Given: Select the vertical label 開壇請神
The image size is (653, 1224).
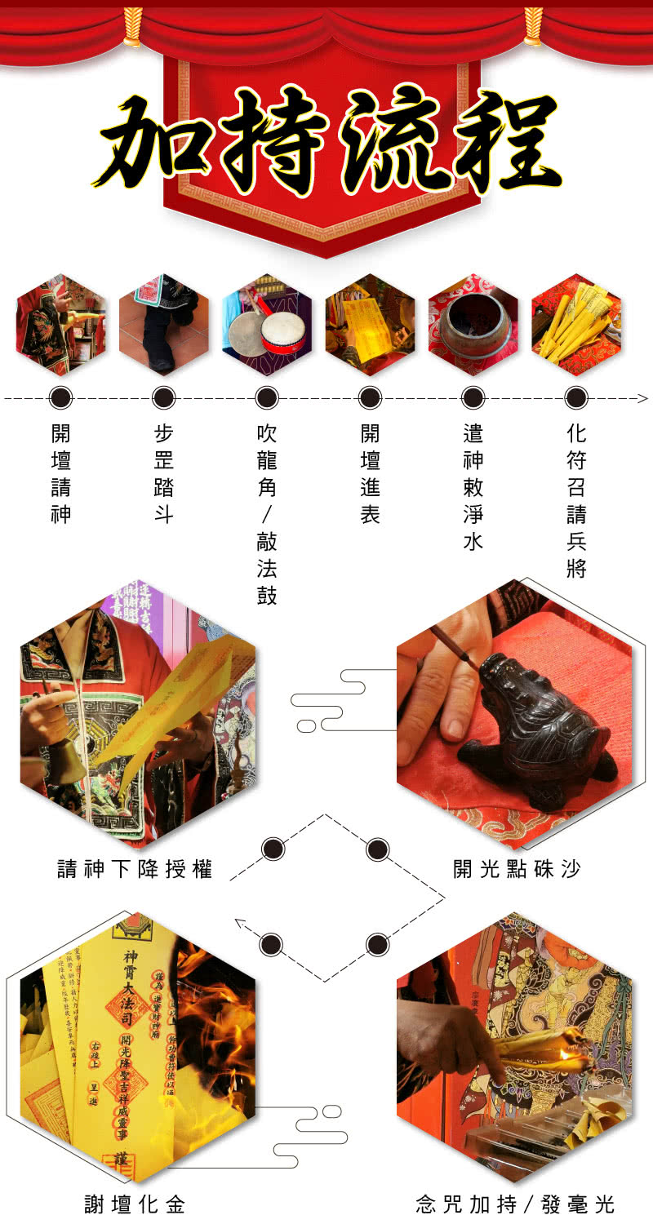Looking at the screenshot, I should tap(61, 473).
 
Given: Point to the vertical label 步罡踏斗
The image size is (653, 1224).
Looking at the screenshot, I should tap(164, 473).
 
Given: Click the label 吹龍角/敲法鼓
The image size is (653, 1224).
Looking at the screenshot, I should tap(267, 514).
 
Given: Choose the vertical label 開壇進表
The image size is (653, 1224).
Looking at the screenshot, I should tap(370, 473).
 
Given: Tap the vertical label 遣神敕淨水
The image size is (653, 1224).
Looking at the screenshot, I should tap(473, 487).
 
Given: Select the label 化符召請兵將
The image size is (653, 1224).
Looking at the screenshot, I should tap(576, 500).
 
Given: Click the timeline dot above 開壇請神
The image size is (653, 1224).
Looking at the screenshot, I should tap(61, 398).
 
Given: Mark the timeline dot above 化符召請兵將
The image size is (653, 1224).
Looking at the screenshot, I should tap(576, 398).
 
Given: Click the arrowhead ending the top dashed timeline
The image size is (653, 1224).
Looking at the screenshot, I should tap(642, 398).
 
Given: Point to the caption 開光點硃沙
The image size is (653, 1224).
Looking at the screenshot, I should tap(517, 869).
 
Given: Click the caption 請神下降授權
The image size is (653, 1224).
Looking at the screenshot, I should tap(135, 869).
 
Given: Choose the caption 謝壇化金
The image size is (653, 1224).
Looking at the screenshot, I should tap(135, 1204).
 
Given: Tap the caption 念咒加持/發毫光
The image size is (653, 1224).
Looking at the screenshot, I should tap(515, 1204).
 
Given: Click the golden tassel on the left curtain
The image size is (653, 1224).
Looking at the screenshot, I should tap(131, 26).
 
